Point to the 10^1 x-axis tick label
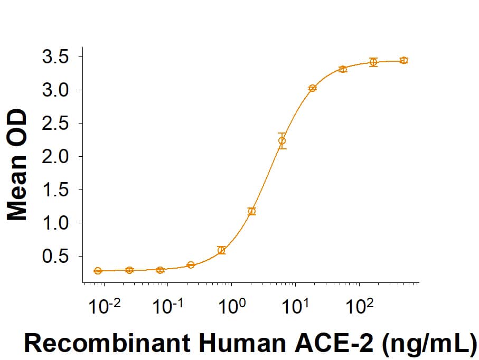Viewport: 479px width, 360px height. tap(295, 306)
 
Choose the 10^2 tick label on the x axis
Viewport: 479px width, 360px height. tap(359, 306)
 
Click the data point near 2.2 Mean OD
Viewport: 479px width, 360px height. tap(282, 141)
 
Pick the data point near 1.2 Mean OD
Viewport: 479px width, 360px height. tap(252, 211)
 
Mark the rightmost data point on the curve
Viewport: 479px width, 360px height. tap(404, 60)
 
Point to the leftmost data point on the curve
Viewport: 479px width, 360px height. tap(98, 271)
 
